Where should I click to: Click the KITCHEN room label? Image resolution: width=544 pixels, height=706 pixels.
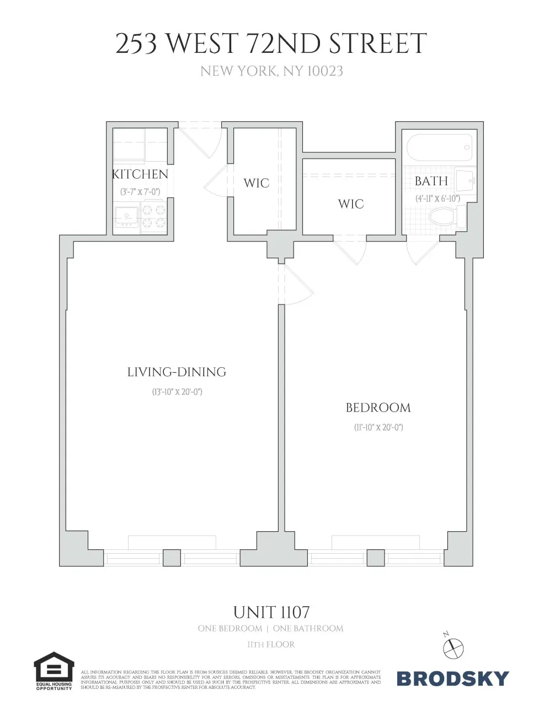140,174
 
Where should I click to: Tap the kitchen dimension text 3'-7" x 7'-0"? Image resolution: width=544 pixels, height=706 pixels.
140,192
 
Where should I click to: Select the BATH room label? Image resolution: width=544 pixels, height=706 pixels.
431,181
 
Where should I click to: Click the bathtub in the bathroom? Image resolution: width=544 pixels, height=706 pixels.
439,147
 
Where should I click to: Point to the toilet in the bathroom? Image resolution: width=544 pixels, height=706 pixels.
447,217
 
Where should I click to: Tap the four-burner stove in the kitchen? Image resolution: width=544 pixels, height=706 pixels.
154,217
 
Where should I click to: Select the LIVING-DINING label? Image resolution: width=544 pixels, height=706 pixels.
177,372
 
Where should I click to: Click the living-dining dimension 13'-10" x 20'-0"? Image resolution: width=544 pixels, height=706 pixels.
177,392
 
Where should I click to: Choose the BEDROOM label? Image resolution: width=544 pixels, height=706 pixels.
378,408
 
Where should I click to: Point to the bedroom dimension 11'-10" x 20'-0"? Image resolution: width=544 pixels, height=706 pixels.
378,427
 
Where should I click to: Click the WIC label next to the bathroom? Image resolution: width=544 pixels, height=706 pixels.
351,204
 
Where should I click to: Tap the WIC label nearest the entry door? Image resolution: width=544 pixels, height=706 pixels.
257,183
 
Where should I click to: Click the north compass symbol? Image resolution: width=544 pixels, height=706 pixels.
454,646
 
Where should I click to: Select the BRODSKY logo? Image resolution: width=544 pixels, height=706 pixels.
452,678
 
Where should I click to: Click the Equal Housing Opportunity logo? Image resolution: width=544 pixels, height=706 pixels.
54,671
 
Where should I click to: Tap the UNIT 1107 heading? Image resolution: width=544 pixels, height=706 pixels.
271,612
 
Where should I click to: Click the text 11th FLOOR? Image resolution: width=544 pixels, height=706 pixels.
271,644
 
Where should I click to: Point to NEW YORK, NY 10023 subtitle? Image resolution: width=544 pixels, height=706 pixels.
271,71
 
